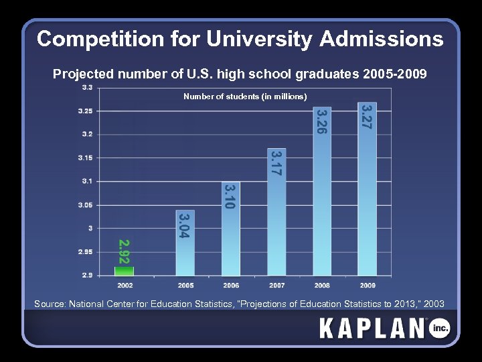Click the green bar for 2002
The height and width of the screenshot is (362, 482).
125,271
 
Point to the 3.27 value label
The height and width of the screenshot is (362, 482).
366,115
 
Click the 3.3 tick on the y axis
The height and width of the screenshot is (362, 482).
87,87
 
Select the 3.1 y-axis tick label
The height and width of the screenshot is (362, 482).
87,181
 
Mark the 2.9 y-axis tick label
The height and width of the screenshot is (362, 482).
87,275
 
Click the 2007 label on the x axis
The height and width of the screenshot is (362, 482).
276,285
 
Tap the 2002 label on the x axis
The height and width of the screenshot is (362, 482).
125,285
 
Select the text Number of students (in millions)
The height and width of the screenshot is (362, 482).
245,97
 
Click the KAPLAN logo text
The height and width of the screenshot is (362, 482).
372,328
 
